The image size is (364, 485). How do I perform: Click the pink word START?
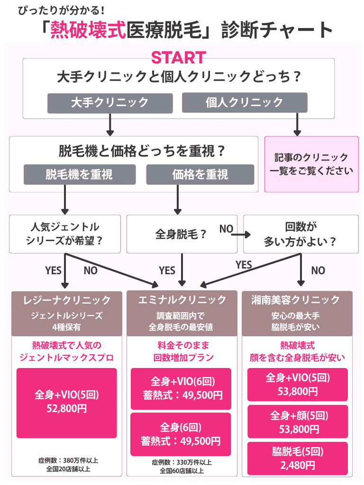[178, 57]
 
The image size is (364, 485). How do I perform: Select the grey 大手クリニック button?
[109, 102]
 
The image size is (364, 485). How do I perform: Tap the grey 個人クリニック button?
[245, 102]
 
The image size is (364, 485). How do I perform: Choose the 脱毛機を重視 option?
[79, 174]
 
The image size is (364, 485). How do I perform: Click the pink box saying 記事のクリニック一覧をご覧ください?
[311, 164]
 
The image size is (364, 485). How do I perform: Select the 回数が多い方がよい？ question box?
[300, 234]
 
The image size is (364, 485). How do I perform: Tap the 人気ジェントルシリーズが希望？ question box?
[65, 234]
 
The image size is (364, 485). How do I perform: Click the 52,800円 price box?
[67, 403]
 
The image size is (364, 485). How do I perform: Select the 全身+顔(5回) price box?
[298, 422]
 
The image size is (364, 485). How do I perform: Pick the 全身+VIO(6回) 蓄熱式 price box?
[181, 388]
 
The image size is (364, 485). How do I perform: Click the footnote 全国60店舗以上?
[182, 471]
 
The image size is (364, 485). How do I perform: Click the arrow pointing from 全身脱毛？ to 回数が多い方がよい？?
[242, 234]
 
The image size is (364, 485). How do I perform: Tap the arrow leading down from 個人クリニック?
[298, 125]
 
